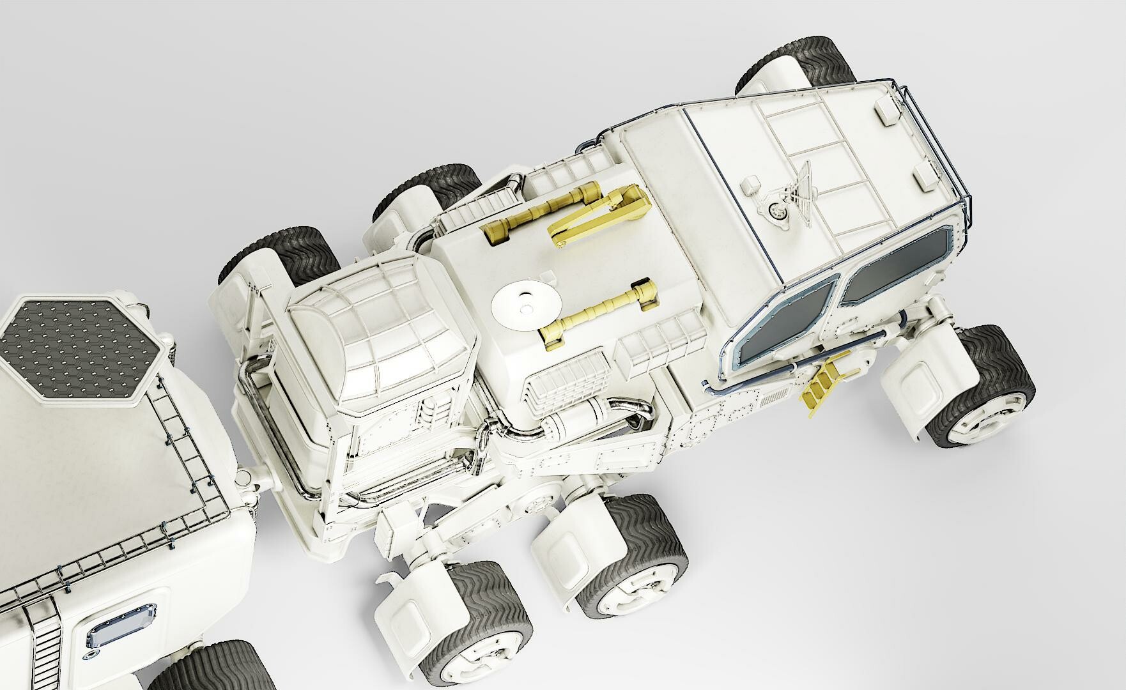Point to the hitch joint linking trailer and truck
tap(251, 476)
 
